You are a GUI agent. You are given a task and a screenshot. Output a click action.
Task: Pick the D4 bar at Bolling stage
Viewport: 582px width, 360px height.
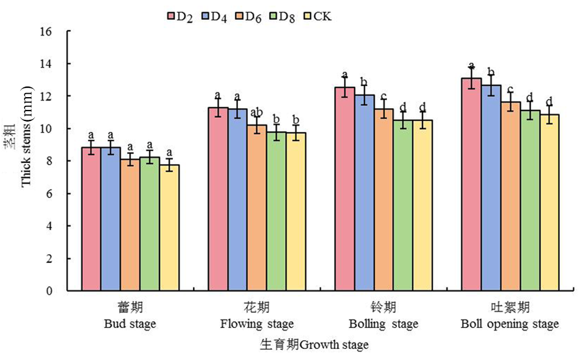tap(364, 193)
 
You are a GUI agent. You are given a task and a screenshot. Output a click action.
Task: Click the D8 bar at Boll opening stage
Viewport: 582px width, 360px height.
tap(530, 200)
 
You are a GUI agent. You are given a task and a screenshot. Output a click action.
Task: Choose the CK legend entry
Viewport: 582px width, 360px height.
tap(317, 16)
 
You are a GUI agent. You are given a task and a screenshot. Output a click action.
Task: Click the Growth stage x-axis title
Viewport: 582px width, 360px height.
tap(314, 345)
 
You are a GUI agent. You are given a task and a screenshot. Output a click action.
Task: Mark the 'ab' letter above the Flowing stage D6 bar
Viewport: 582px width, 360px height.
tap(256, 113)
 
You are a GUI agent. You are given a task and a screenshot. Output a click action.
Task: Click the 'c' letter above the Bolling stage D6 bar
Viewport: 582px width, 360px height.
tap(384, 97)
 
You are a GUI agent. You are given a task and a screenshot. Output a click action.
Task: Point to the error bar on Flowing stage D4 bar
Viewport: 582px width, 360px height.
tap(237, 109)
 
